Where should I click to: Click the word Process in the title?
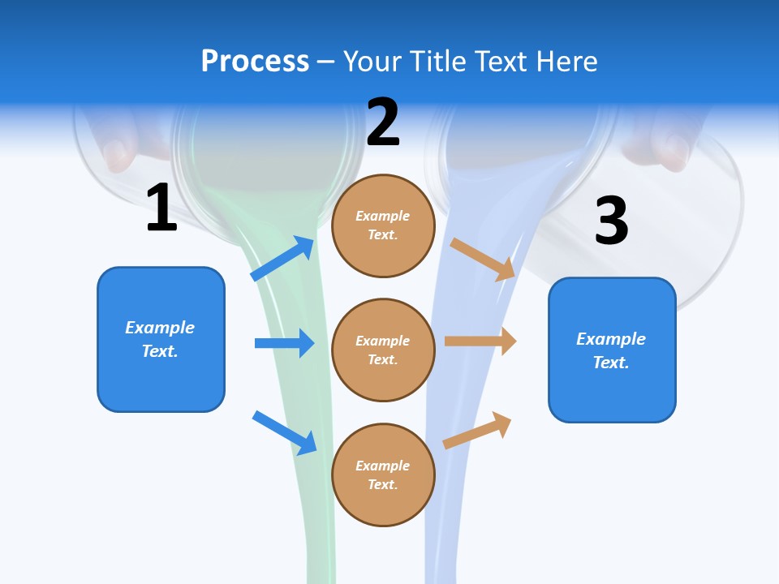click(255, 62)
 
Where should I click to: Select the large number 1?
click(161, 209)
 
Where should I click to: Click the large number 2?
click(383, 122)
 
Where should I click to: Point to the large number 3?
click(612, 221)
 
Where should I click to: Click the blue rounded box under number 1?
click(161, 339)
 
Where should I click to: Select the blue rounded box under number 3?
click(612, 350)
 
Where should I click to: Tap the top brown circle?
click(383, 225)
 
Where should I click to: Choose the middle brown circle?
click(383, 350)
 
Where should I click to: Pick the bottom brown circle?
click(383, 474)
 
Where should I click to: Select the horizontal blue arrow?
click(284, 343)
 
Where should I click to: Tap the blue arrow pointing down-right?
click(284, 432)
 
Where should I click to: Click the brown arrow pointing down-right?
click(483, 259)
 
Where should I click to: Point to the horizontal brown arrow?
click(480, 341)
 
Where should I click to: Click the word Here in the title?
click(567, 62)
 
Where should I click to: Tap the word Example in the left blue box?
click(160, 328)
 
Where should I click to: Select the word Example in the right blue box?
click(611, 339)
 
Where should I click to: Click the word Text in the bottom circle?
click(381, 484)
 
